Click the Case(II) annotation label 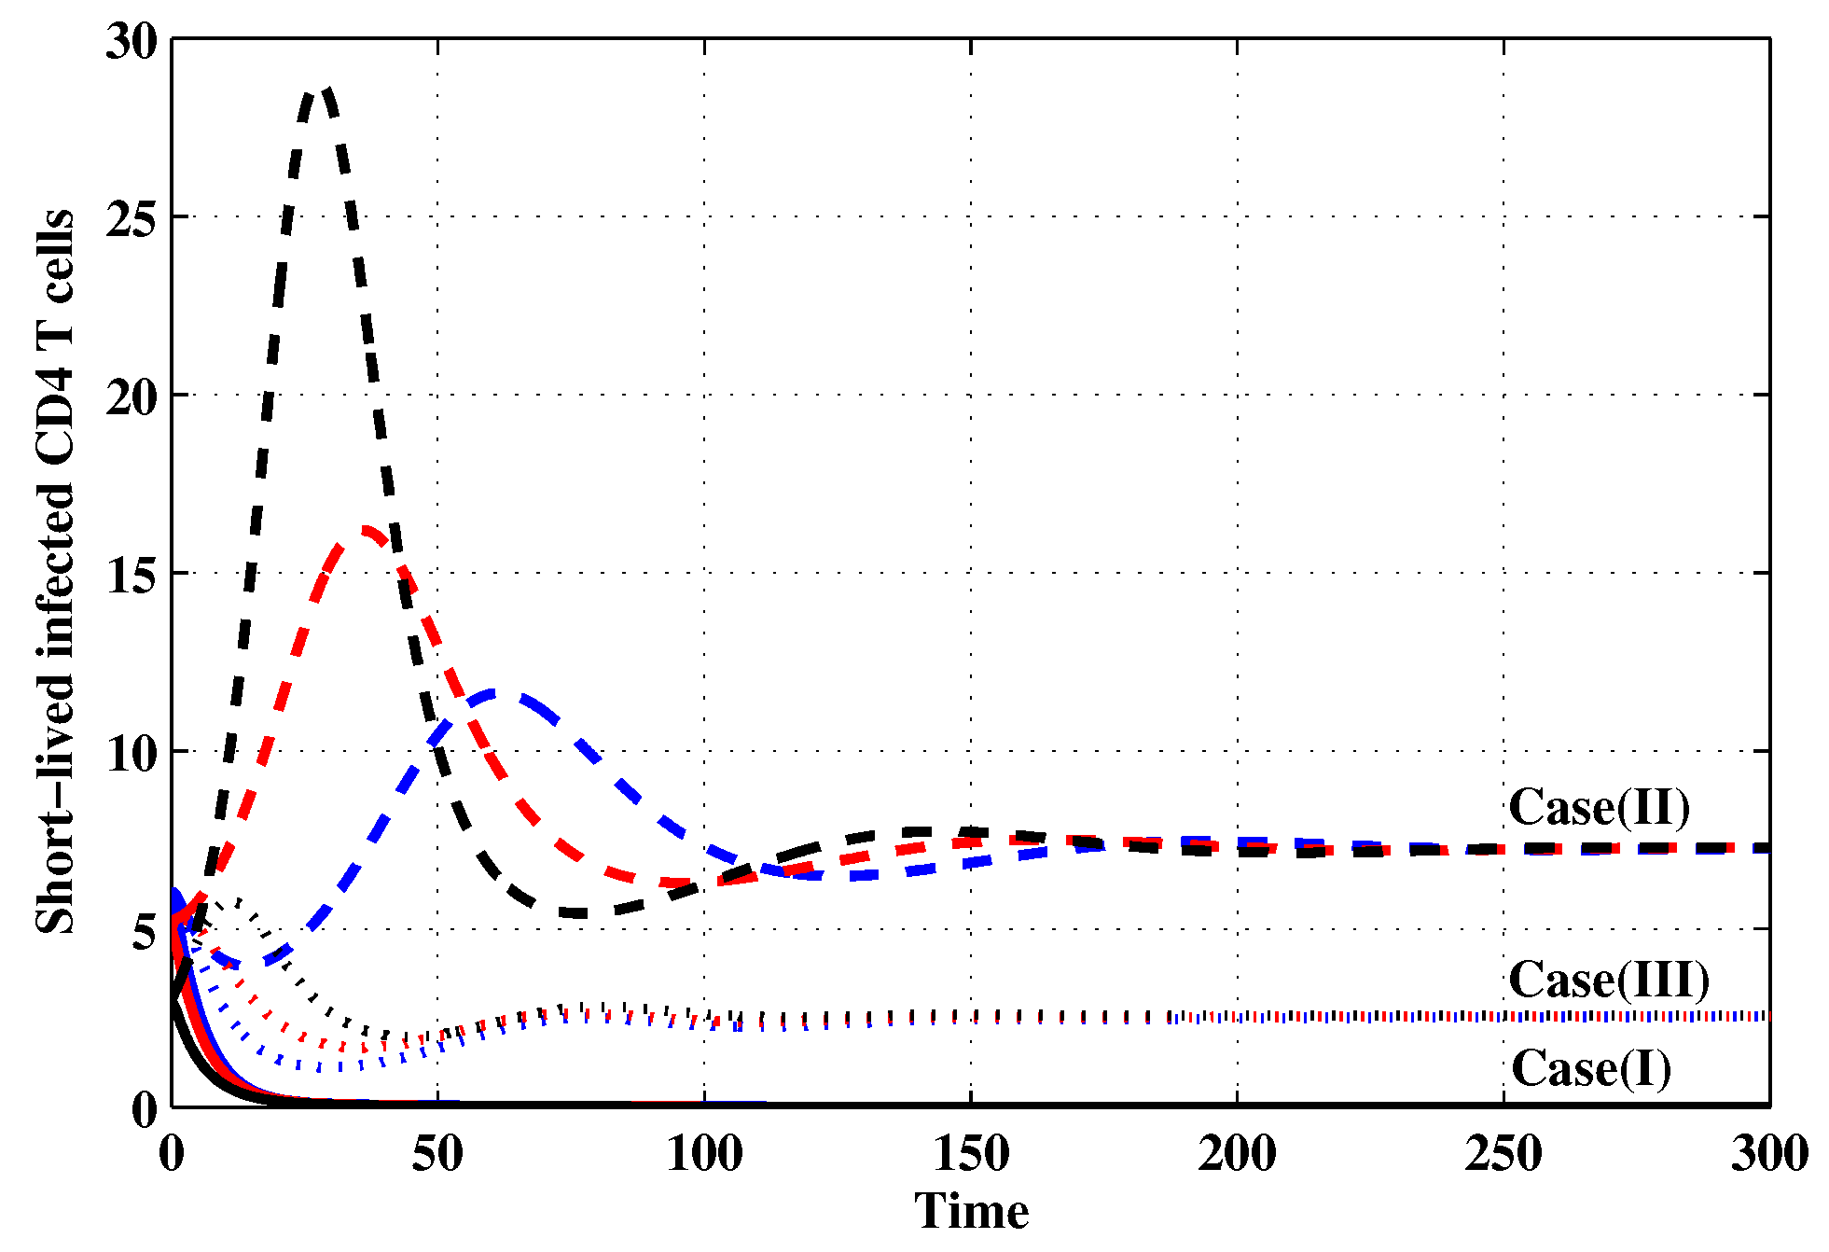pos(1599,808)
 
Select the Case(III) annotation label pos(1609,981)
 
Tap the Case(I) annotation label pos(1590,1069)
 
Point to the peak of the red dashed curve pos(365,531)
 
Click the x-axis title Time pos(970,1212)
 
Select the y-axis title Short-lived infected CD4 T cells pos(54,571)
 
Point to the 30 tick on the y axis pos(132,41)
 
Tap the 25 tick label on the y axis pos(132,219)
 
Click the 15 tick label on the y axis pos(132,576)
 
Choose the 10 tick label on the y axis pos(132,754)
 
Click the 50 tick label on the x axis pos(437,1155)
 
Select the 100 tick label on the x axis pos(704,1155)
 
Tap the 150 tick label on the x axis pos(971,1155)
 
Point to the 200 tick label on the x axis pos(1237,1155)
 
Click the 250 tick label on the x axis pos(1503,1155)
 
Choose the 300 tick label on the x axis pos(1769,1155)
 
